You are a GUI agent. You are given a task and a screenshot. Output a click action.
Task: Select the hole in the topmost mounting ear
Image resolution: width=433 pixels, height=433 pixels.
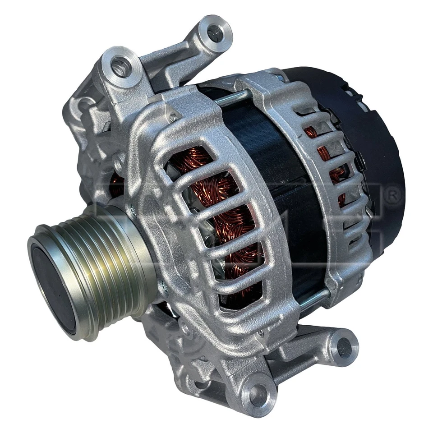point(215,32)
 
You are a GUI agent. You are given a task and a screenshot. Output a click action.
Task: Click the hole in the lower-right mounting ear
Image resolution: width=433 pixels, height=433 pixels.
point(344,348)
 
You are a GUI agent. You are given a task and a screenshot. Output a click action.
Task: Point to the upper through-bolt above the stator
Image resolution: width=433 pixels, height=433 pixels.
point(232,98)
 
